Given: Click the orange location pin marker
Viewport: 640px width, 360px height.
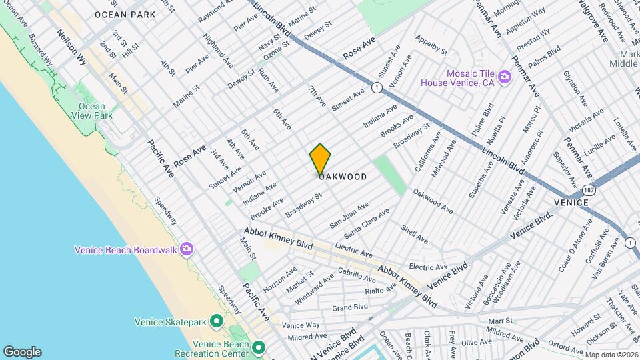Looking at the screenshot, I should coord(320,159).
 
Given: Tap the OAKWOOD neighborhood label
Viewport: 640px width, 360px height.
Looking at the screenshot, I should coord(343,177).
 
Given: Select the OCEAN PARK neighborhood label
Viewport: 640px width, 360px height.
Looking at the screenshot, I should coord(125,15).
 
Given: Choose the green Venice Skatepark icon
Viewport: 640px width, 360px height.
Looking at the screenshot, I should coord(216,322).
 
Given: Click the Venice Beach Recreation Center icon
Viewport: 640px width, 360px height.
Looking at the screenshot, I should coord(258,348).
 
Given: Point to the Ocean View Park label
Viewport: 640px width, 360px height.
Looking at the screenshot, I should coord(92,111).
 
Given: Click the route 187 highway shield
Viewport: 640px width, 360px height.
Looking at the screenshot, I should coord(601,190).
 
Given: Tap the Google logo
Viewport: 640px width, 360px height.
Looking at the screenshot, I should coord(22,352).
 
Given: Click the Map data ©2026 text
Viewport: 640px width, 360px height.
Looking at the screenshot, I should coord(611,355).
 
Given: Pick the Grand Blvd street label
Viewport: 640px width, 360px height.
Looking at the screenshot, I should coord(350,307).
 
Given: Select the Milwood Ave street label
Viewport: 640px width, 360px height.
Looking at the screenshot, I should coord(445,158).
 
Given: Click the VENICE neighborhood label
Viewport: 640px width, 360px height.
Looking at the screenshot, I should coord(571,203).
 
